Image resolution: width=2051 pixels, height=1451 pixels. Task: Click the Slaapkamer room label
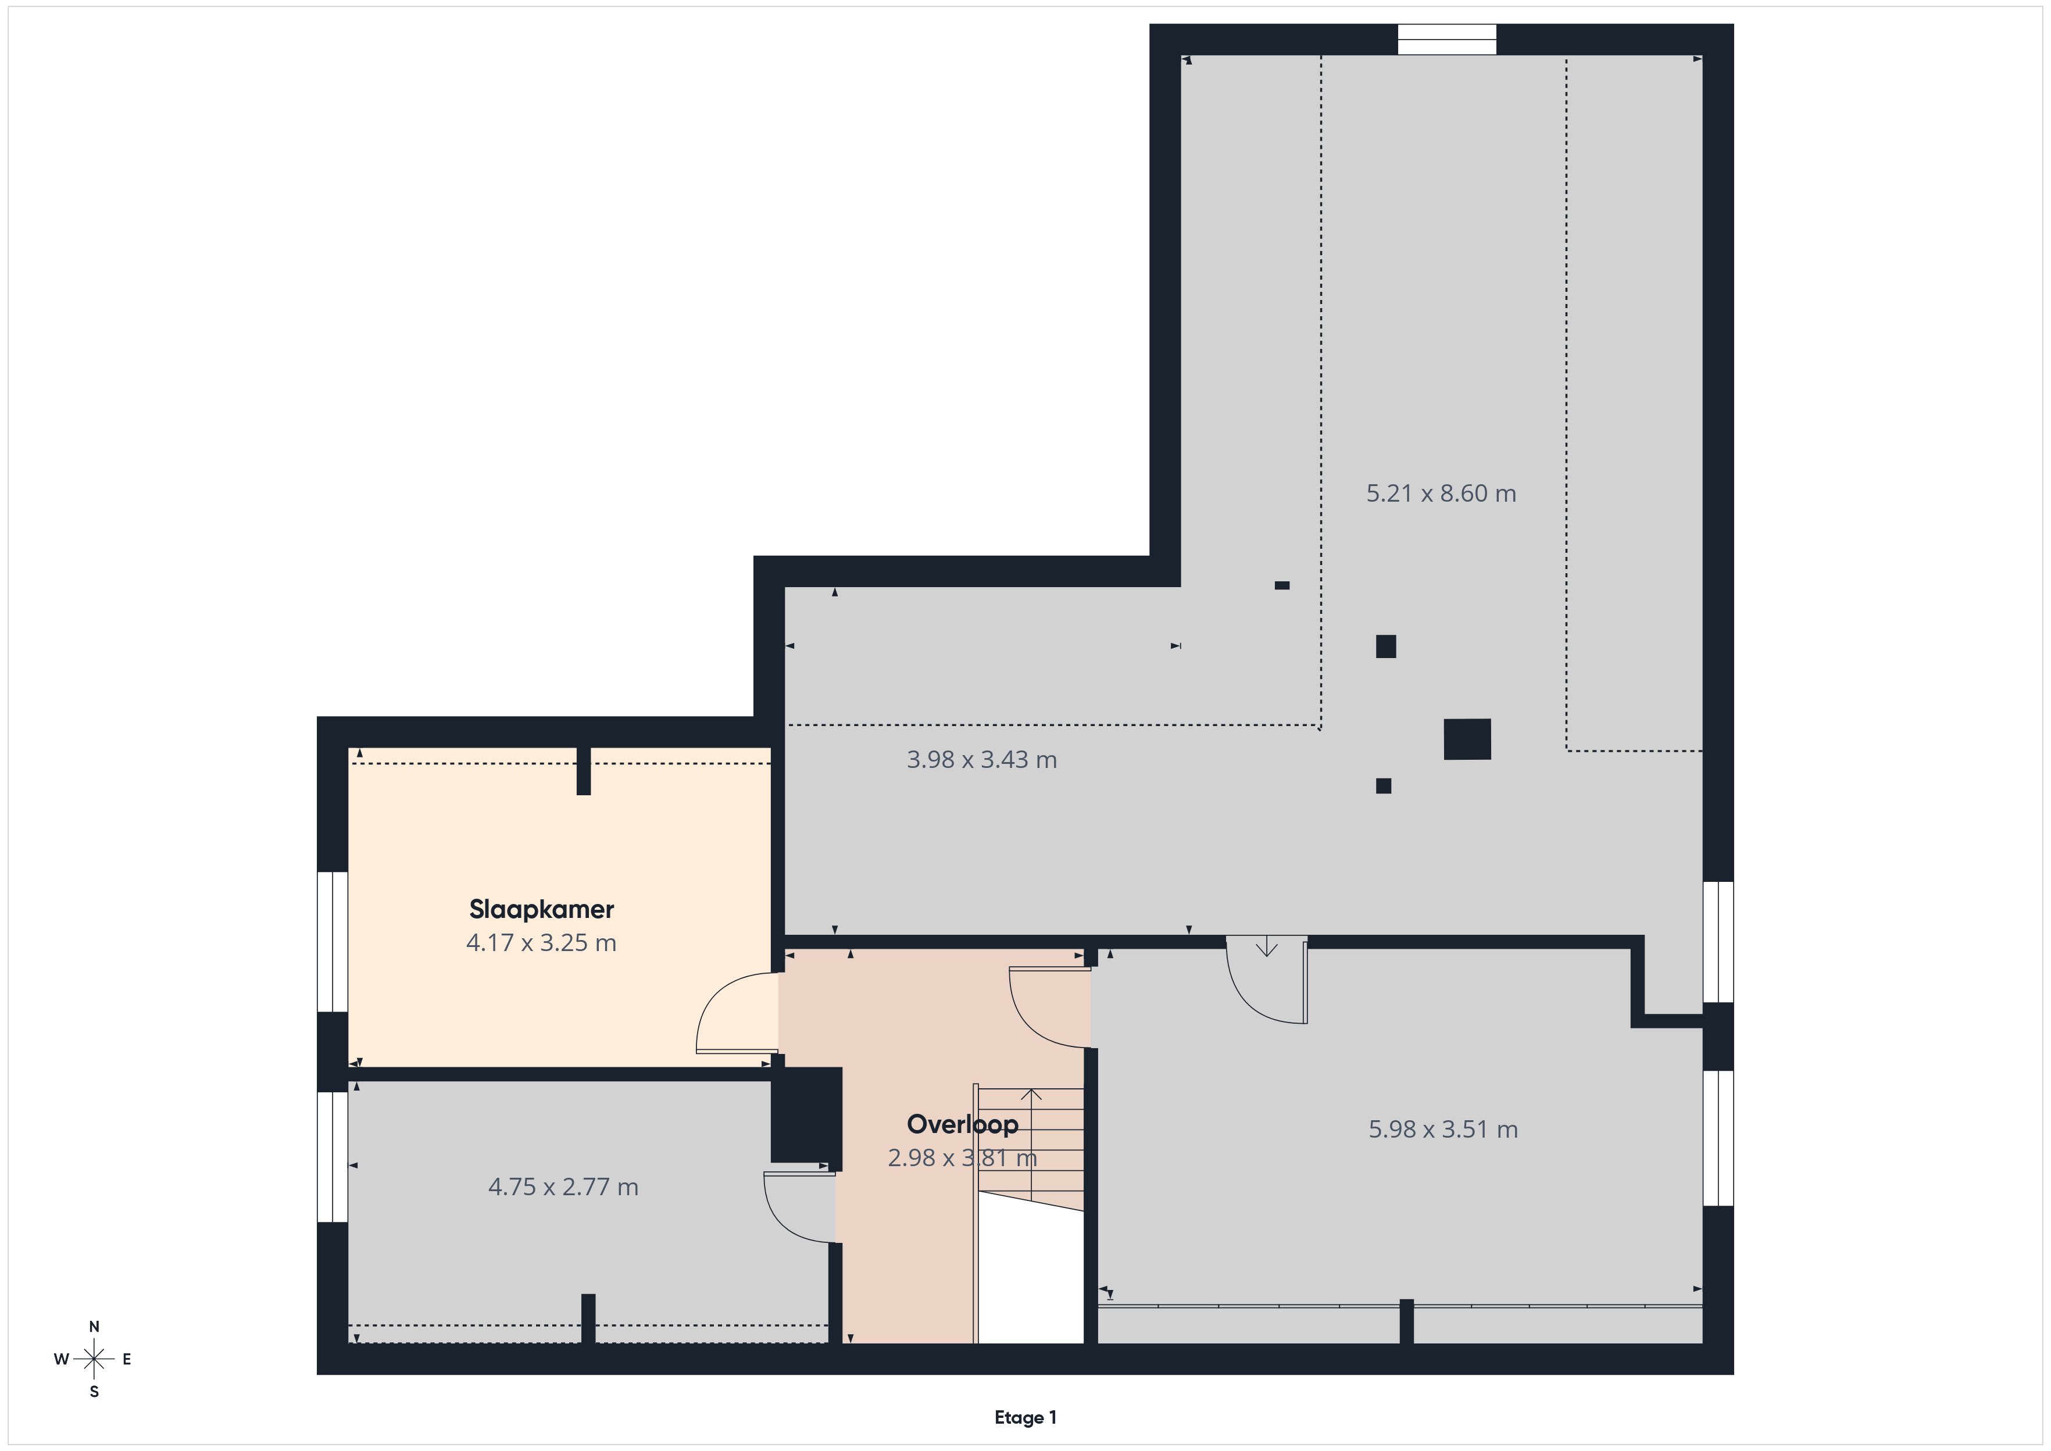tap(541, 910)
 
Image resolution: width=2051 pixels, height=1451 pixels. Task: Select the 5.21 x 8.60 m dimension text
tap(1441, 493)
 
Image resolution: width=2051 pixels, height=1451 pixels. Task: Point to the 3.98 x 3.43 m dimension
tap(982, 759)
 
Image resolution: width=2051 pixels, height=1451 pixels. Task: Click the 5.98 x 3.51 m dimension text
tap(1443, 1130)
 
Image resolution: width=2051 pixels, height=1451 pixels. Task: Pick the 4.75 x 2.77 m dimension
tap(563, 1186)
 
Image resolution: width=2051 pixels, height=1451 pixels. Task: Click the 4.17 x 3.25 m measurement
tap(541, 942)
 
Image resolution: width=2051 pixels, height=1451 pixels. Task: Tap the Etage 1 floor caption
tap(1025, 1417)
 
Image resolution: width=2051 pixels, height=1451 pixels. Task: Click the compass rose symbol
tap(94, 1360)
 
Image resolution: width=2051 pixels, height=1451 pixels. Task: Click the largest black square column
tap(1467, 739)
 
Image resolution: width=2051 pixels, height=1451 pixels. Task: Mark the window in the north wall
tap(1446, 40)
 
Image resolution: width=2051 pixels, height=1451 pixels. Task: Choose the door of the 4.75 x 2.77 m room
tap(799, 1207)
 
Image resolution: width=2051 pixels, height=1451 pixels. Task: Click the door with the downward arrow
tap(1267, 979)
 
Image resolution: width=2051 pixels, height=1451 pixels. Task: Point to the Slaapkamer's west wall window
tap(333, 942)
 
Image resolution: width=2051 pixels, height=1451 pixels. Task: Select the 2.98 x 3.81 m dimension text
tap(962, 1158)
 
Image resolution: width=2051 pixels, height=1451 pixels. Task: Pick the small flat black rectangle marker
tap(1282, 585)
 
